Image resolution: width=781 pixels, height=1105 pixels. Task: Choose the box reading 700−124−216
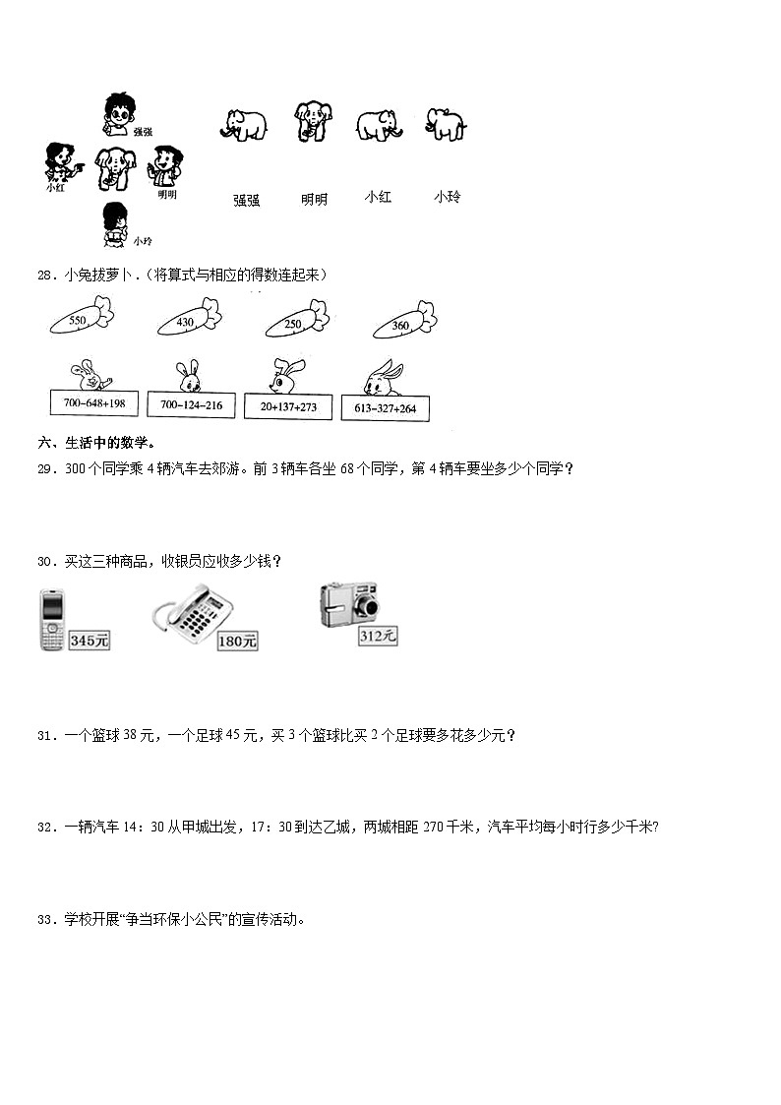pos(190,405)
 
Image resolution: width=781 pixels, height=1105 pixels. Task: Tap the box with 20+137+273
pos(288,406)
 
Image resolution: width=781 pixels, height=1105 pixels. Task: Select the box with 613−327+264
pos(386,408)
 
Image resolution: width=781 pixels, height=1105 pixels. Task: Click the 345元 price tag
pos(90,641)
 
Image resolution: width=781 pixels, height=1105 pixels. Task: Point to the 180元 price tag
pos(238,642)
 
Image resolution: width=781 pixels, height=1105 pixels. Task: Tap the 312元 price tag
pos(378,637)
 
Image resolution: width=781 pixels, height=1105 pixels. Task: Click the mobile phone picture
pos(52,620)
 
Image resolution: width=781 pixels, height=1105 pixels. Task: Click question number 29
pos(44,469)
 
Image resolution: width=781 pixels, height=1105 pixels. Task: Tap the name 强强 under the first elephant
pos(246,200)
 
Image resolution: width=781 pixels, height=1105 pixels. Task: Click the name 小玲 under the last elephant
pos(447,197)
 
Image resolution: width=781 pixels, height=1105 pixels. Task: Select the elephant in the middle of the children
pos(115,168)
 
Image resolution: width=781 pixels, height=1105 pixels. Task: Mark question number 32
pos(44,828)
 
